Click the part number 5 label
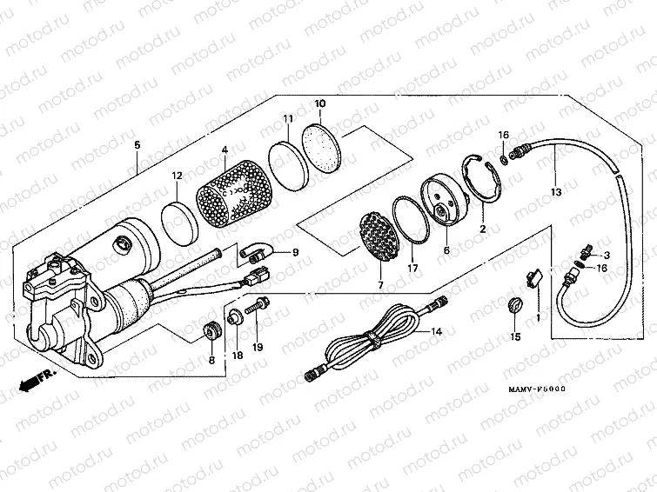click(x=136, y=144)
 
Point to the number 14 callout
click(x=436, y=332)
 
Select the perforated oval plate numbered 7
click(x=380, y=237)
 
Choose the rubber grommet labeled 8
click(x=210, y=332)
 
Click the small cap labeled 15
click(x=513, y=305)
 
